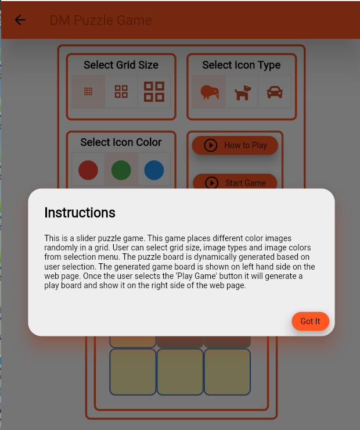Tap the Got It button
(x=310, y=321)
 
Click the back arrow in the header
(x=20, y=20)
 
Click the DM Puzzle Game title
(x=101, y=20)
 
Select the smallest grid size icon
(x=88, y=92)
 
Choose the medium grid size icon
(x=121, y=92)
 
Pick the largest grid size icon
(x=154, y=92)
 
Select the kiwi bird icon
(x=210, y=92)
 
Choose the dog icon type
(x=243, y=93)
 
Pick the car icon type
(x=275, y=92)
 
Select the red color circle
(x=88, y=170)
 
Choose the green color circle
(x=121, y=170)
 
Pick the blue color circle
(x=154, y=170)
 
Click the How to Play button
(x=235, y=145)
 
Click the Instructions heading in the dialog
(x=80, y=213)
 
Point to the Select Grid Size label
(x=121, y=65)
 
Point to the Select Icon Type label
(x=242, y=65)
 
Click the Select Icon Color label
(x=121, y=142)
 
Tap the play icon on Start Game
(x=212, y=183)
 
